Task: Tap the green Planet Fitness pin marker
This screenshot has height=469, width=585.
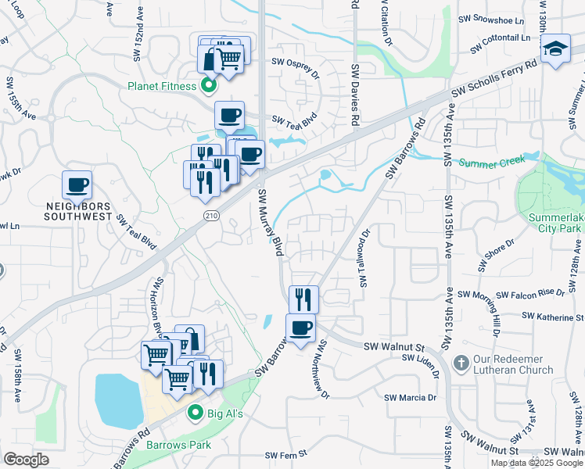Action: pos(209,85)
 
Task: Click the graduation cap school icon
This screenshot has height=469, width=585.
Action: pos(556,49)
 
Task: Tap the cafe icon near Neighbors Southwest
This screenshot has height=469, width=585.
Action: pos(77,186)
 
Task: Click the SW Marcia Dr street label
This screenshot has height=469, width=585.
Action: pos(410,397)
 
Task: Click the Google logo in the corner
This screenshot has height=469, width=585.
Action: pos(26,459)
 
